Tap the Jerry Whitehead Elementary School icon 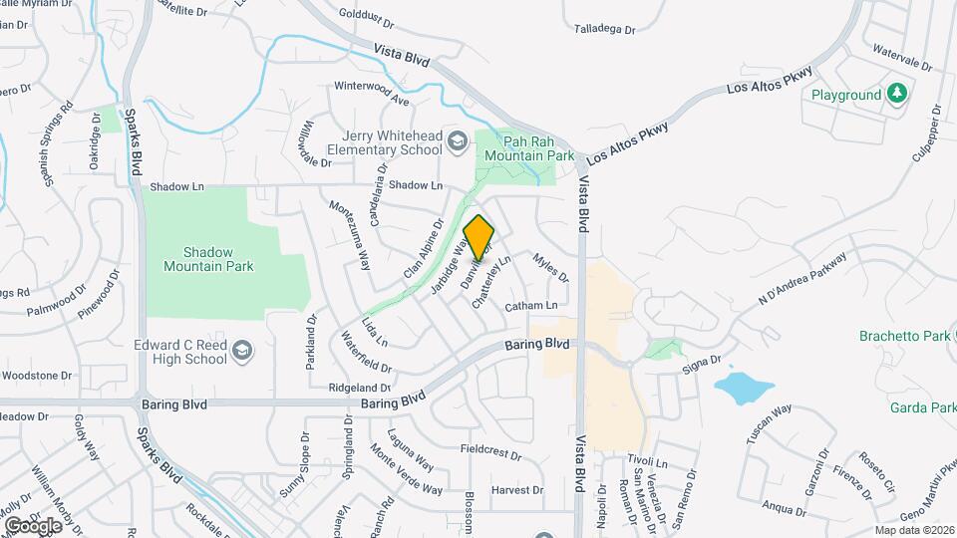pyautogui.click(x=458, y=141)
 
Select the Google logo pyautogui.click(x=33, y=525)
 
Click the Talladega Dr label pyautogui.click(x=604, y=29)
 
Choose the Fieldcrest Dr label pyautogui.click(x=491, y=451)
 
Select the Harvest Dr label pyautogui.click(x=516, y=489)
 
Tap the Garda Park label pyautogui.click(x=922, y=407)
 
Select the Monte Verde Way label pyautogui.click(x=405, y=468)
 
